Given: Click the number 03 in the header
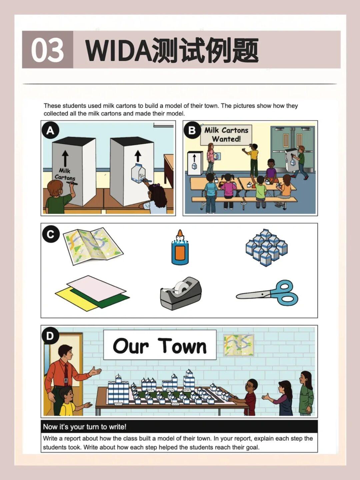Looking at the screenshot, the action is tap(47, 50).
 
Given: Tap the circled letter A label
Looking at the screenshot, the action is tap(50, 131).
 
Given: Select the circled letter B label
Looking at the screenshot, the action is tap(192, 130).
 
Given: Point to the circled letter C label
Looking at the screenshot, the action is tap(50, 234).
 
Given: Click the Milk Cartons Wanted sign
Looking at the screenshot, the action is tap(226, 135).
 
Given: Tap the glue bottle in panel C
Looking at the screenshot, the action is tap(180, 247).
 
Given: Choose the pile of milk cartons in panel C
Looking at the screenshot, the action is tap(267, 247).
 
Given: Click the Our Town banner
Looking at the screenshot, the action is tap(160, 345).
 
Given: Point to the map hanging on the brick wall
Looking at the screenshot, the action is tap(239, 345).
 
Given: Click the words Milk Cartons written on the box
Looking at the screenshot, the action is tap(65, 174).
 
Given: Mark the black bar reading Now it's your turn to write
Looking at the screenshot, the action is tap(179, 427).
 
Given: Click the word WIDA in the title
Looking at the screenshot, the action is tap(119, 50).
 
